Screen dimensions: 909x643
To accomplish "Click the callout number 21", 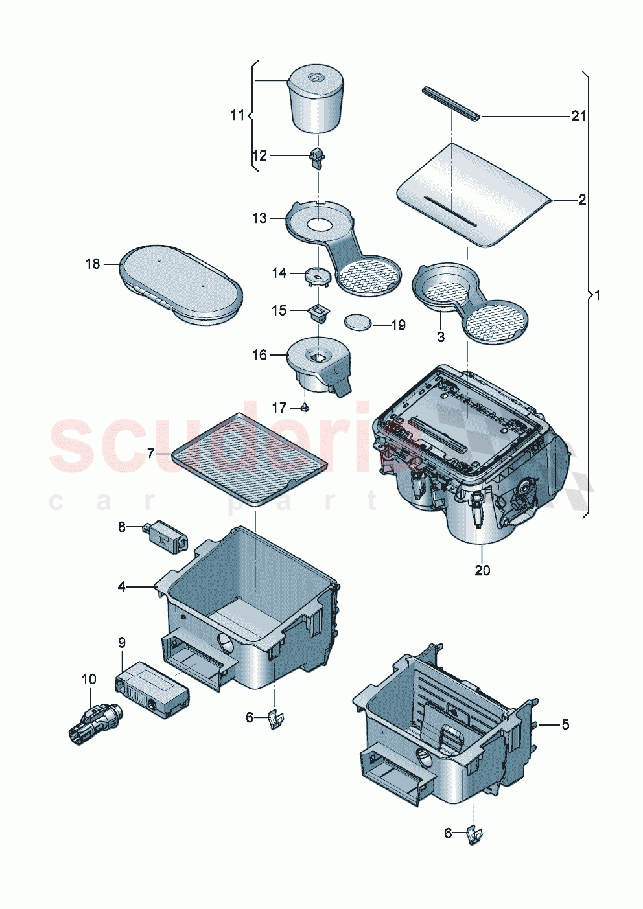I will tap(578, 116).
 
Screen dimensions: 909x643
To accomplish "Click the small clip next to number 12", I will tap(316, 157).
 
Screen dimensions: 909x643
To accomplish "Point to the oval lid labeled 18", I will tap(181, 284).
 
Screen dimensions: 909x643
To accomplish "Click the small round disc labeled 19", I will tap(359, 321).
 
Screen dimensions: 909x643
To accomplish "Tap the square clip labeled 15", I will tap(318, 313).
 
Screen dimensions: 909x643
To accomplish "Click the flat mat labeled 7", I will tap(250, 459).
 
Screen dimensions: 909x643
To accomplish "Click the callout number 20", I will tap(482, 570).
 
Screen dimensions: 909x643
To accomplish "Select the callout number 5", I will tap(565, 724).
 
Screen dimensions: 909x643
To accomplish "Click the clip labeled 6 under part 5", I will tap(475, 835).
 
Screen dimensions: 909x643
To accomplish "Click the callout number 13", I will tap(259, 218).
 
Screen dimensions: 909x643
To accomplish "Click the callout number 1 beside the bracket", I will tap(597, 295).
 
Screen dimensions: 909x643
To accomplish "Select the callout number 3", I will tap(441, 337).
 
